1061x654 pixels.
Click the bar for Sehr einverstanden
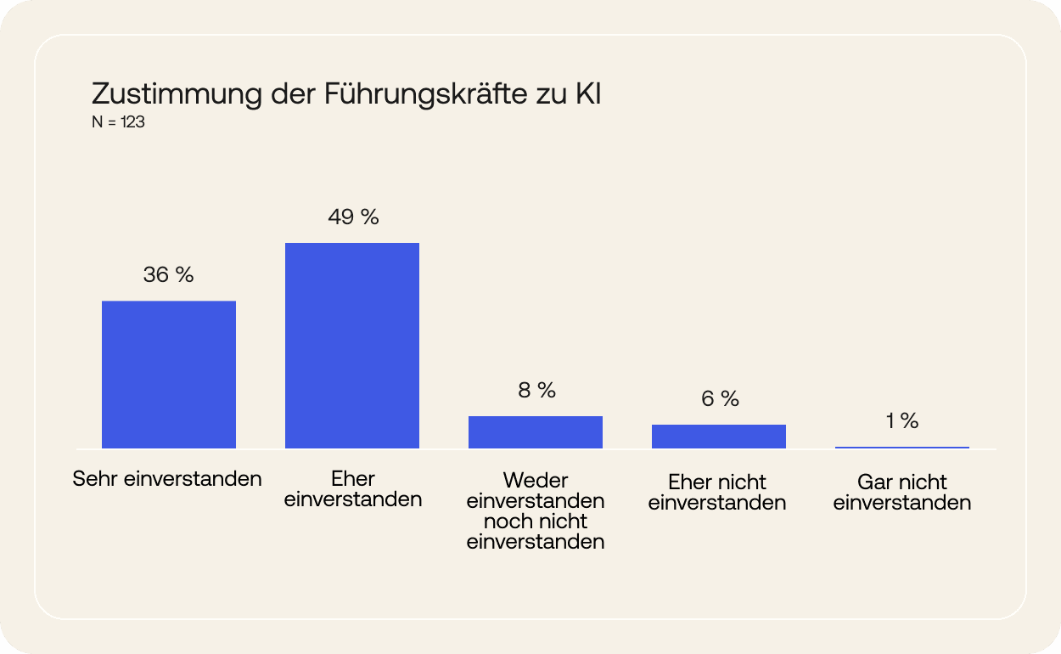tap(169, 375)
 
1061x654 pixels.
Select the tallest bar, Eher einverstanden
tap(352, 346)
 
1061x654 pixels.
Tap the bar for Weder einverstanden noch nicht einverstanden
tap(536, 432)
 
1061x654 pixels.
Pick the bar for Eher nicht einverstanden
tap(719, 437)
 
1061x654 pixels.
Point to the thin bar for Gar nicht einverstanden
tap(902, 447)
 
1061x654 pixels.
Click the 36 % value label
tap(169, 275)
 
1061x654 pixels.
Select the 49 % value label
tap(353, 217)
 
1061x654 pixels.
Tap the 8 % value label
tap(536, 391)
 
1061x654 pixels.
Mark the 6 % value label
tap(720, 399)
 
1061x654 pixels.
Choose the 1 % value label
tap(902, 421)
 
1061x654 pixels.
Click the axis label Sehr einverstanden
tap(167, 479)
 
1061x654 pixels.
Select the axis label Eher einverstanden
tap(353, 489)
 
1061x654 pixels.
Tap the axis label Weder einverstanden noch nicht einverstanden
tap(536, 511)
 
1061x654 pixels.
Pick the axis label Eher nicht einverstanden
tap(717, 493)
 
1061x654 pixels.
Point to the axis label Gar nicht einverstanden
tap(901, 493)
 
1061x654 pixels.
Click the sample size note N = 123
tap(118, 123)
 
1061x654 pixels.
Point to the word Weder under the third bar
tap(536, 482)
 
